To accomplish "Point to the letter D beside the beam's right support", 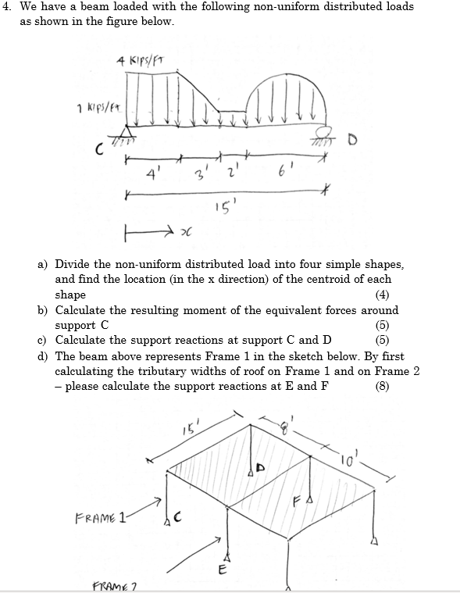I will click(x=340, y=142).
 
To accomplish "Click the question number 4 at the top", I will click(x=7, y=6).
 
